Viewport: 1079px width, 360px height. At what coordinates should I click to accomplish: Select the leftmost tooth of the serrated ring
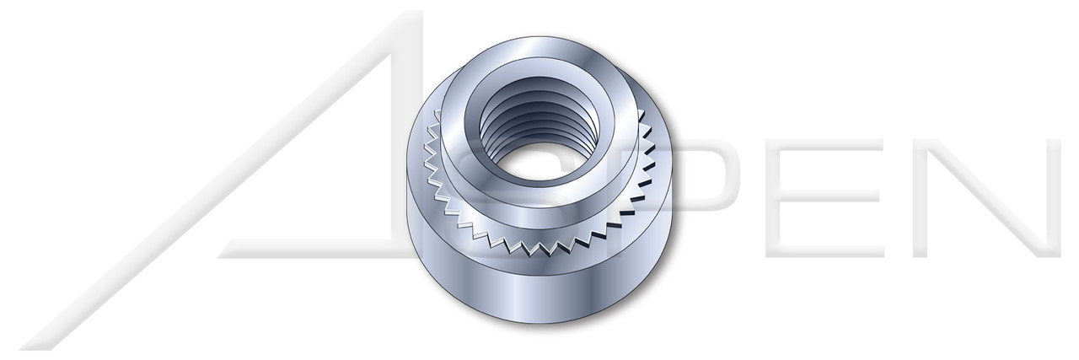[426, 169]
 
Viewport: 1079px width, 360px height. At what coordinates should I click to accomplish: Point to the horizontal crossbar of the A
[320, 250]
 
